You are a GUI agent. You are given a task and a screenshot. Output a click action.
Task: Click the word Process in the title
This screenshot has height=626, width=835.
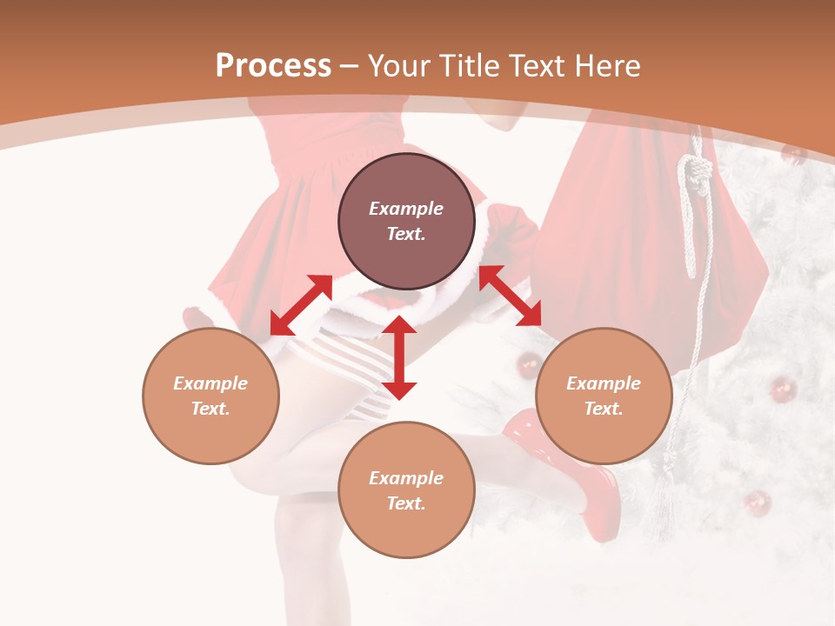(273, 66)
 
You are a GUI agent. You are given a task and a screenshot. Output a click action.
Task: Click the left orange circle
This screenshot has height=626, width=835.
(210, 396)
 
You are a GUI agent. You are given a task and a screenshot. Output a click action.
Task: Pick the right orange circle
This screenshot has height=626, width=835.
(604, 396)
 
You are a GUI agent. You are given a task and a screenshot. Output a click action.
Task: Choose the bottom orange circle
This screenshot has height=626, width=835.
(406, 490)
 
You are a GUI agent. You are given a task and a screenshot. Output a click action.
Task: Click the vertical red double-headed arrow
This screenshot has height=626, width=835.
(399, 357)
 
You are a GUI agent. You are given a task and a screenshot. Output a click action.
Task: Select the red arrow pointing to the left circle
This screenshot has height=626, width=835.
(301, 304)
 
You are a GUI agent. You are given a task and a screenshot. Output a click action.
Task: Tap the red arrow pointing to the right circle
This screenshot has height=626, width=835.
(510, 296)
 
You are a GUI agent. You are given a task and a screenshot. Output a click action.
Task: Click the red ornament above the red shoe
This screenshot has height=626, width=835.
(529, 365)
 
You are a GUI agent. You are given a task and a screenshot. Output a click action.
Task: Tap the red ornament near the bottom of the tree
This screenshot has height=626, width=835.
(758, 503)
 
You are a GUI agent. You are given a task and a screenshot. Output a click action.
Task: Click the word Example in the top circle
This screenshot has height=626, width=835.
(406, 209)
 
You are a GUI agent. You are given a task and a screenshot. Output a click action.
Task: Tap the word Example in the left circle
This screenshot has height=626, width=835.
(210, 383)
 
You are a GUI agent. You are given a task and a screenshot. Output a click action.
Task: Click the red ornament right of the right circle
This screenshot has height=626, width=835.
(782, 388)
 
